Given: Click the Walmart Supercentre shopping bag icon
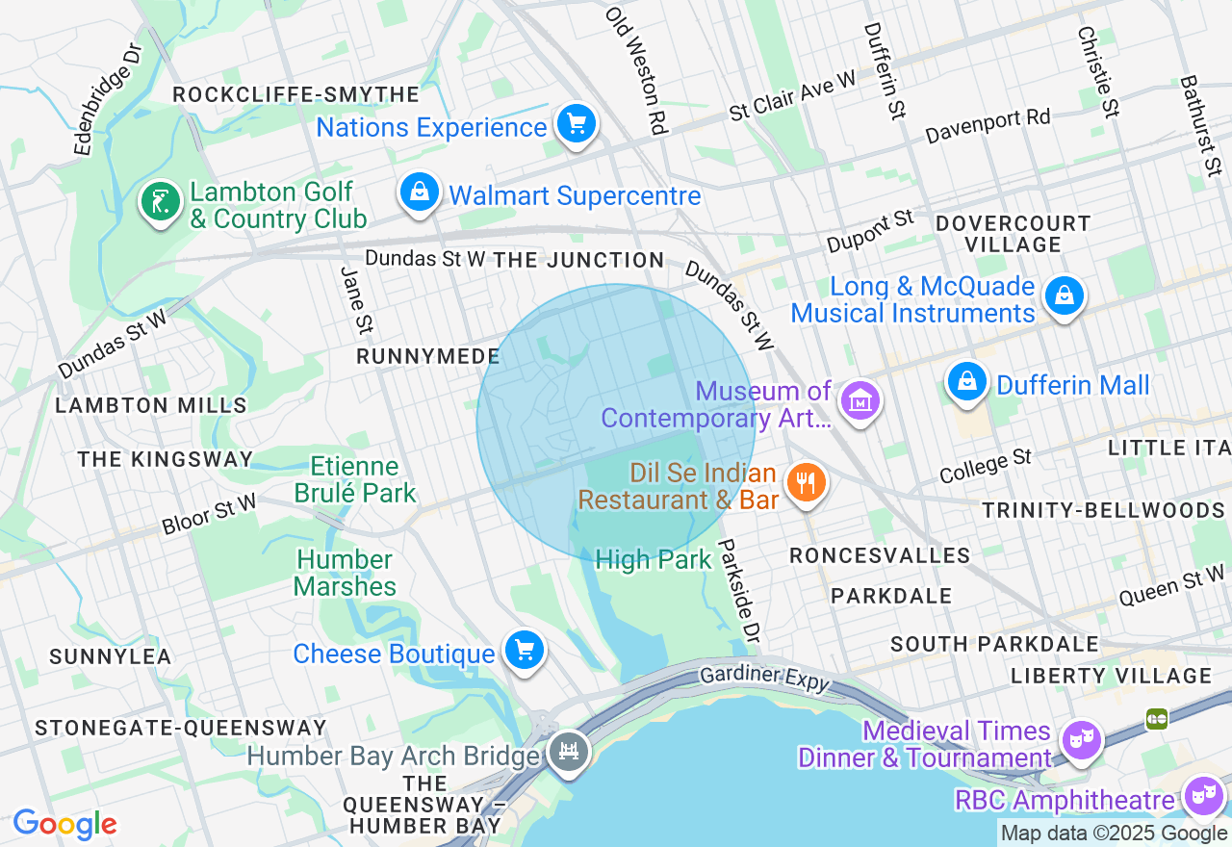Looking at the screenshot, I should [x=420, y=192].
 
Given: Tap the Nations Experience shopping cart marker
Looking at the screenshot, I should [x=576, y=124].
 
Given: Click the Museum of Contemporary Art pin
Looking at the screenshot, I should [x=860, y=400].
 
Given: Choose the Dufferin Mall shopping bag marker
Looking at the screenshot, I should [x=967, y=382].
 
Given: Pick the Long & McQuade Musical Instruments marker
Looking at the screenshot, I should [x=1065, y=295].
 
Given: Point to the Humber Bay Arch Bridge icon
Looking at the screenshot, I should [x=569, y=752].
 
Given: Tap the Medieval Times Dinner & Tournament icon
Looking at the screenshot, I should [x=1081, y=739].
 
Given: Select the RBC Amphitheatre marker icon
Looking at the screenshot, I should [x=1202, y=796].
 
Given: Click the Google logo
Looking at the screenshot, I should [x=64, y=824].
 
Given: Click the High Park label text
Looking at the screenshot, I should [x=654, y=559].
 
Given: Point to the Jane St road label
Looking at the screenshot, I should [x=355, y=301].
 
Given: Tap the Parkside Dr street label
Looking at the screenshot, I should [x=739, y=590].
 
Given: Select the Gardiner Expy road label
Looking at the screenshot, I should [x=764, y=677].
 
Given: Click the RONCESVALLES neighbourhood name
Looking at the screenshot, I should [x=880, y=555].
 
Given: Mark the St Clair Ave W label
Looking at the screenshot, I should [x=792, y=97].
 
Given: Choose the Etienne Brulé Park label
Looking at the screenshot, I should [x=355, y=480].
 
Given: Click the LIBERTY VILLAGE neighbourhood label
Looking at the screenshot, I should [x=1111, y=676].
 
